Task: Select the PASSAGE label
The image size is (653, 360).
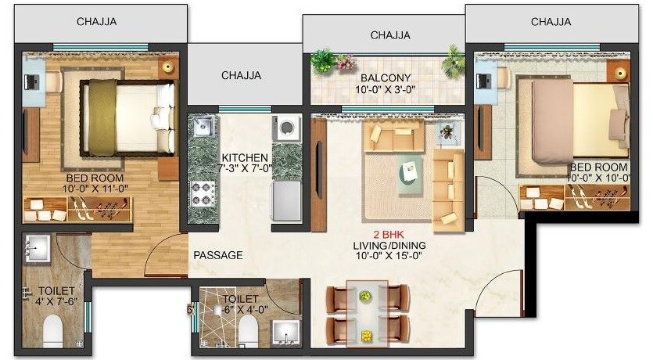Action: pyautogui.click(x=217, y=255)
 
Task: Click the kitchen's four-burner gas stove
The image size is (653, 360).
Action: pyautogui.click(x=203, y=193)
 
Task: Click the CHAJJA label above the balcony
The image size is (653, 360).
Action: pyautogui.click(x=390, y=34)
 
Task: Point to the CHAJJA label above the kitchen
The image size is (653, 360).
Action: pyautogui.click(x=241, y=76)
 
